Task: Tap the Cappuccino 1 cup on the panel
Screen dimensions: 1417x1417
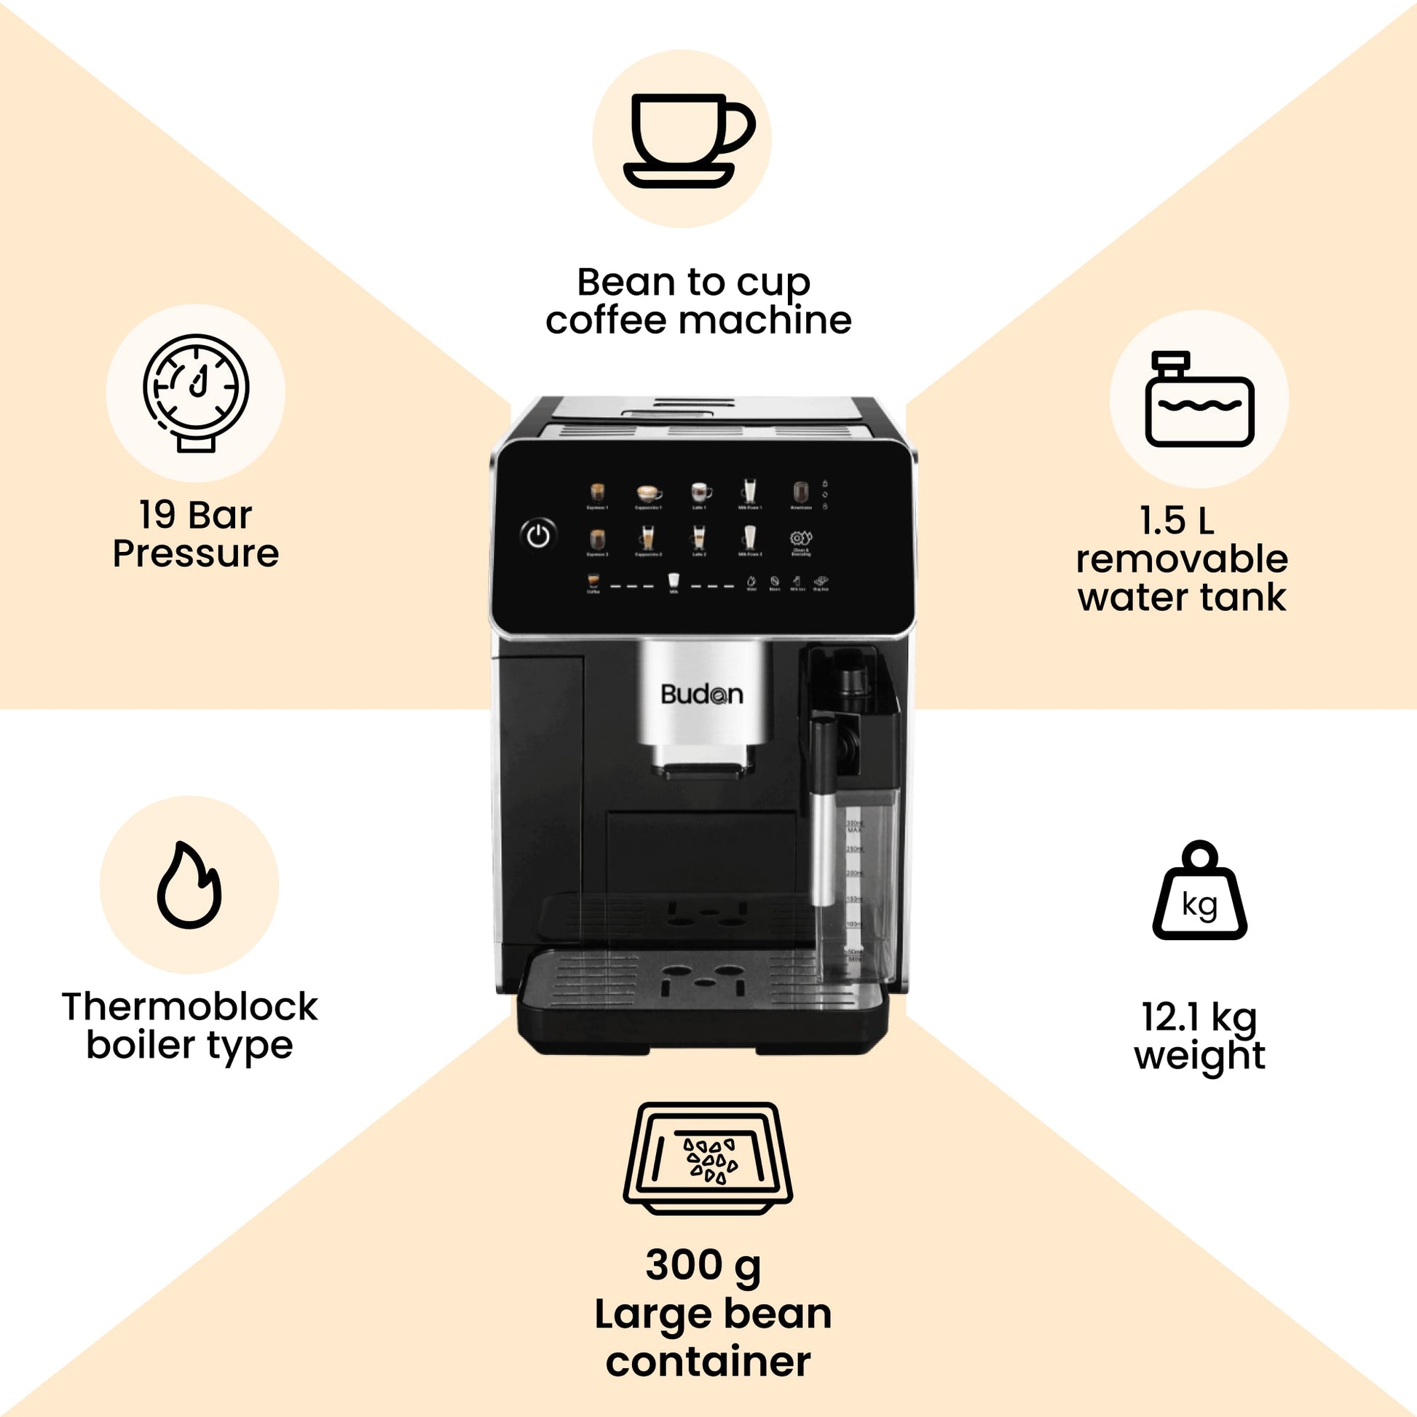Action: click(x=649, y=492)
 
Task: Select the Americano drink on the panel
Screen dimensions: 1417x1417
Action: click(x=801, y=492)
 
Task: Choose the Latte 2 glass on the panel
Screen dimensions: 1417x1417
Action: click(x=699, y=537)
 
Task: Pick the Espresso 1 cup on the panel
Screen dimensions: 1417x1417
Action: click(x=598, y=492)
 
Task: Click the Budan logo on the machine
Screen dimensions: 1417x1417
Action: click(x=701, y=694)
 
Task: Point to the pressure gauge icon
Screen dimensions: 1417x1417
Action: click(x=196, y=392)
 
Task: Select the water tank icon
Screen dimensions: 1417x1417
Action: click(x=1199, y=399)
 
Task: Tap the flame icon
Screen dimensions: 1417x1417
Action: click(x=189, y=886)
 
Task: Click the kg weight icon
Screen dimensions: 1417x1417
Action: click(x=1200, y=892)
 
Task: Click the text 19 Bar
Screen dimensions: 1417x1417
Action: click(x=195, y=515)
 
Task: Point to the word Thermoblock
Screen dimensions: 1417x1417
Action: click(x=189, y=1006)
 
